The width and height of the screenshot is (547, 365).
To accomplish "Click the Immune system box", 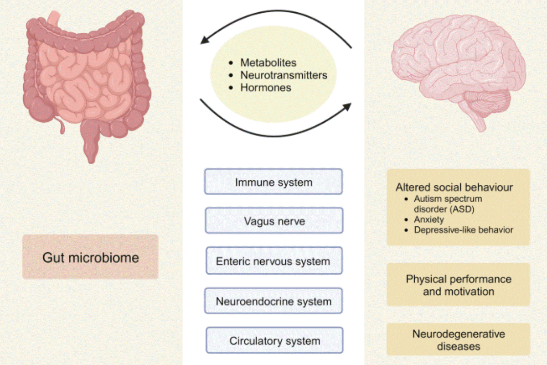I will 273,182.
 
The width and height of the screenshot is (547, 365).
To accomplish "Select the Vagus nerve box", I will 273,221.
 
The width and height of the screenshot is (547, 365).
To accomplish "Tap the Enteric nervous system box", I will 273,261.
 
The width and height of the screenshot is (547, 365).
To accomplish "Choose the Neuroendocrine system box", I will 273,301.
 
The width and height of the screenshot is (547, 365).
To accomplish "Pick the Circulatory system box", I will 274,341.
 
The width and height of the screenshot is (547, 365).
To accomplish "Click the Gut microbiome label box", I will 90,257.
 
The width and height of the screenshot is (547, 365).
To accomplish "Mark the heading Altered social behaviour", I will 454,188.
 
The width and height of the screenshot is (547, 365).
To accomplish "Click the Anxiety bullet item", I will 429,219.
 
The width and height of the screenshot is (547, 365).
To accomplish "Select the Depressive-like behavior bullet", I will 463,229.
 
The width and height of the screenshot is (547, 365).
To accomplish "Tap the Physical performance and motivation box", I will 458,285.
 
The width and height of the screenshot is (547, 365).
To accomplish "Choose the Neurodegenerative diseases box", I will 458,340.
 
